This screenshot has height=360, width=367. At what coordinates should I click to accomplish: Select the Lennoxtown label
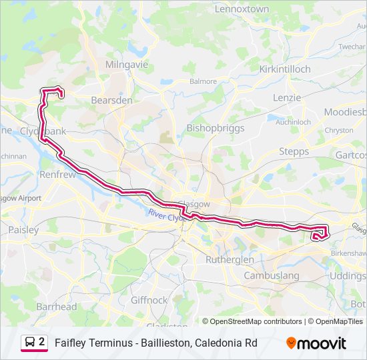pyautogui.click(x=242, y=9)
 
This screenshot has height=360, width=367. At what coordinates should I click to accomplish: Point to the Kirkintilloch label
pyautogui.click(x=285, y=69)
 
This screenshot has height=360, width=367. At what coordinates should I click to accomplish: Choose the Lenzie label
pyautogui.click(x=288, y=98)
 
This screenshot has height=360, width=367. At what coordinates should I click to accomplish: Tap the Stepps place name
pyautogui.click(x=294, y=152)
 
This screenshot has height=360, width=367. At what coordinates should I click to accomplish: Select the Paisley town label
pyautogui.click(x=23, y=229)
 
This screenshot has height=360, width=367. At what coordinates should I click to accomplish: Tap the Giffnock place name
pyautogui.click(x=149, y=301)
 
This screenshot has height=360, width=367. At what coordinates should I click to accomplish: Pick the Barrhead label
pyautogui.click(x=56, y=307)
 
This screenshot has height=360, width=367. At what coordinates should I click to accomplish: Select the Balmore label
pyautogui.click(x=203, y=81)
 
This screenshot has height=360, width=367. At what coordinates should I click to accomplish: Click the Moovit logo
pyautogui.click(x=316, y=343)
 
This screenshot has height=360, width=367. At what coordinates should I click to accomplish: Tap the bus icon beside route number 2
pyautogui.click(x=29, y=342)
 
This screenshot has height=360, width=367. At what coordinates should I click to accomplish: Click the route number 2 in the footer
pyautogui.click(x=42, y=342)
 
